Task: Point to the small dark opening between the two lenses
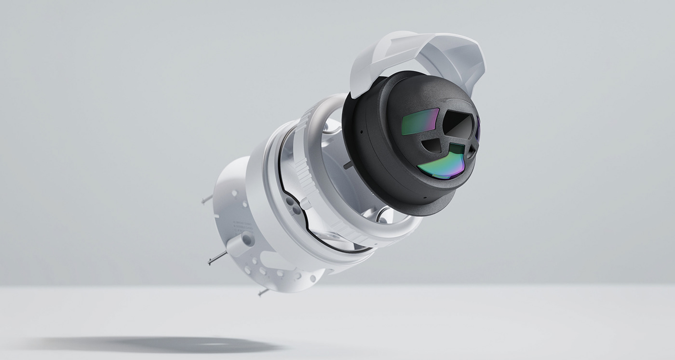(433, 145)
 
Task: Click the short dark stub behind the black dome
(348, 165)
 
